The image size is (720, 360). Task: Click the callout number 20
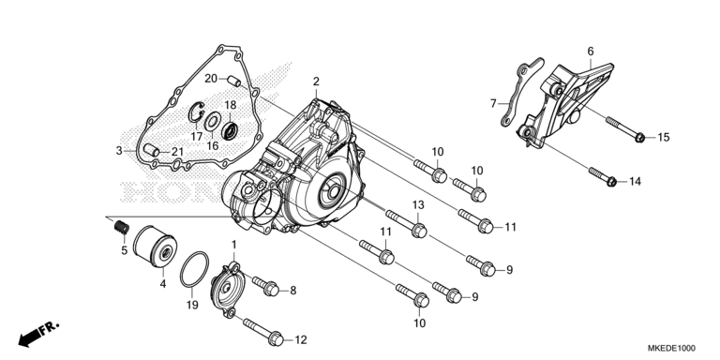click(x=211, y=79)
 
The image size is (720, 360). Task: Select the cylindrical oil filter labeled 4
click(x=155, y=247)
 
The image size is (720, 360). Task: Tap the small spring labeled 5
click(x=122, y=226)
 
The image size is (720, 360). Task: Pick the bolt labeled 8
click(x=265, y=285)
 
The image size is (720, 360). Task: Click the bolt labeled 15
click(x=625, y=129)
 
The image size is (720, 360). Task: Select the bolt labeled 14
click(x=603, y=177)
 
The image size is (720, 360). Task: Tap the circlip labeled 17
click(x=196, y=112)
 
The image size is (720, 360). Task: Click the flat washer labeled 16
click(x=212, y=121)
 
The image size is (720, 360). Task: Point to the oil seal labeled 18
click(x=230, y=130)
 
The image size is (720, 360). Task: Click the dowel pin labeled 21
click(x=151, y=150)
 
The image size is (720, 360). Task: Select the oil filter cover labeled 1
click(x=226, y=289)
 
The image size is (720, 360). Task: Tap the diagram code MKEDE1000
click(x=671, y=348)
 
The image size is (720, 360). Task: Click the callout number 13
click(x=418, y=205)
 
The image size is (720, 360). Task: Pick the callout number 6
click(x=591, y=51)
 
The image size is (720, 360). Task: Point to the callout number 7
click(x=493, y=104)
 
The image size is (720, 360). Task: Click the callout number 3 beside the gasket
click(x=119, y=151)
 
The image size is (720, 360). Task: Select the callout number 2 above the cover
click(x=316, y=82)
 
